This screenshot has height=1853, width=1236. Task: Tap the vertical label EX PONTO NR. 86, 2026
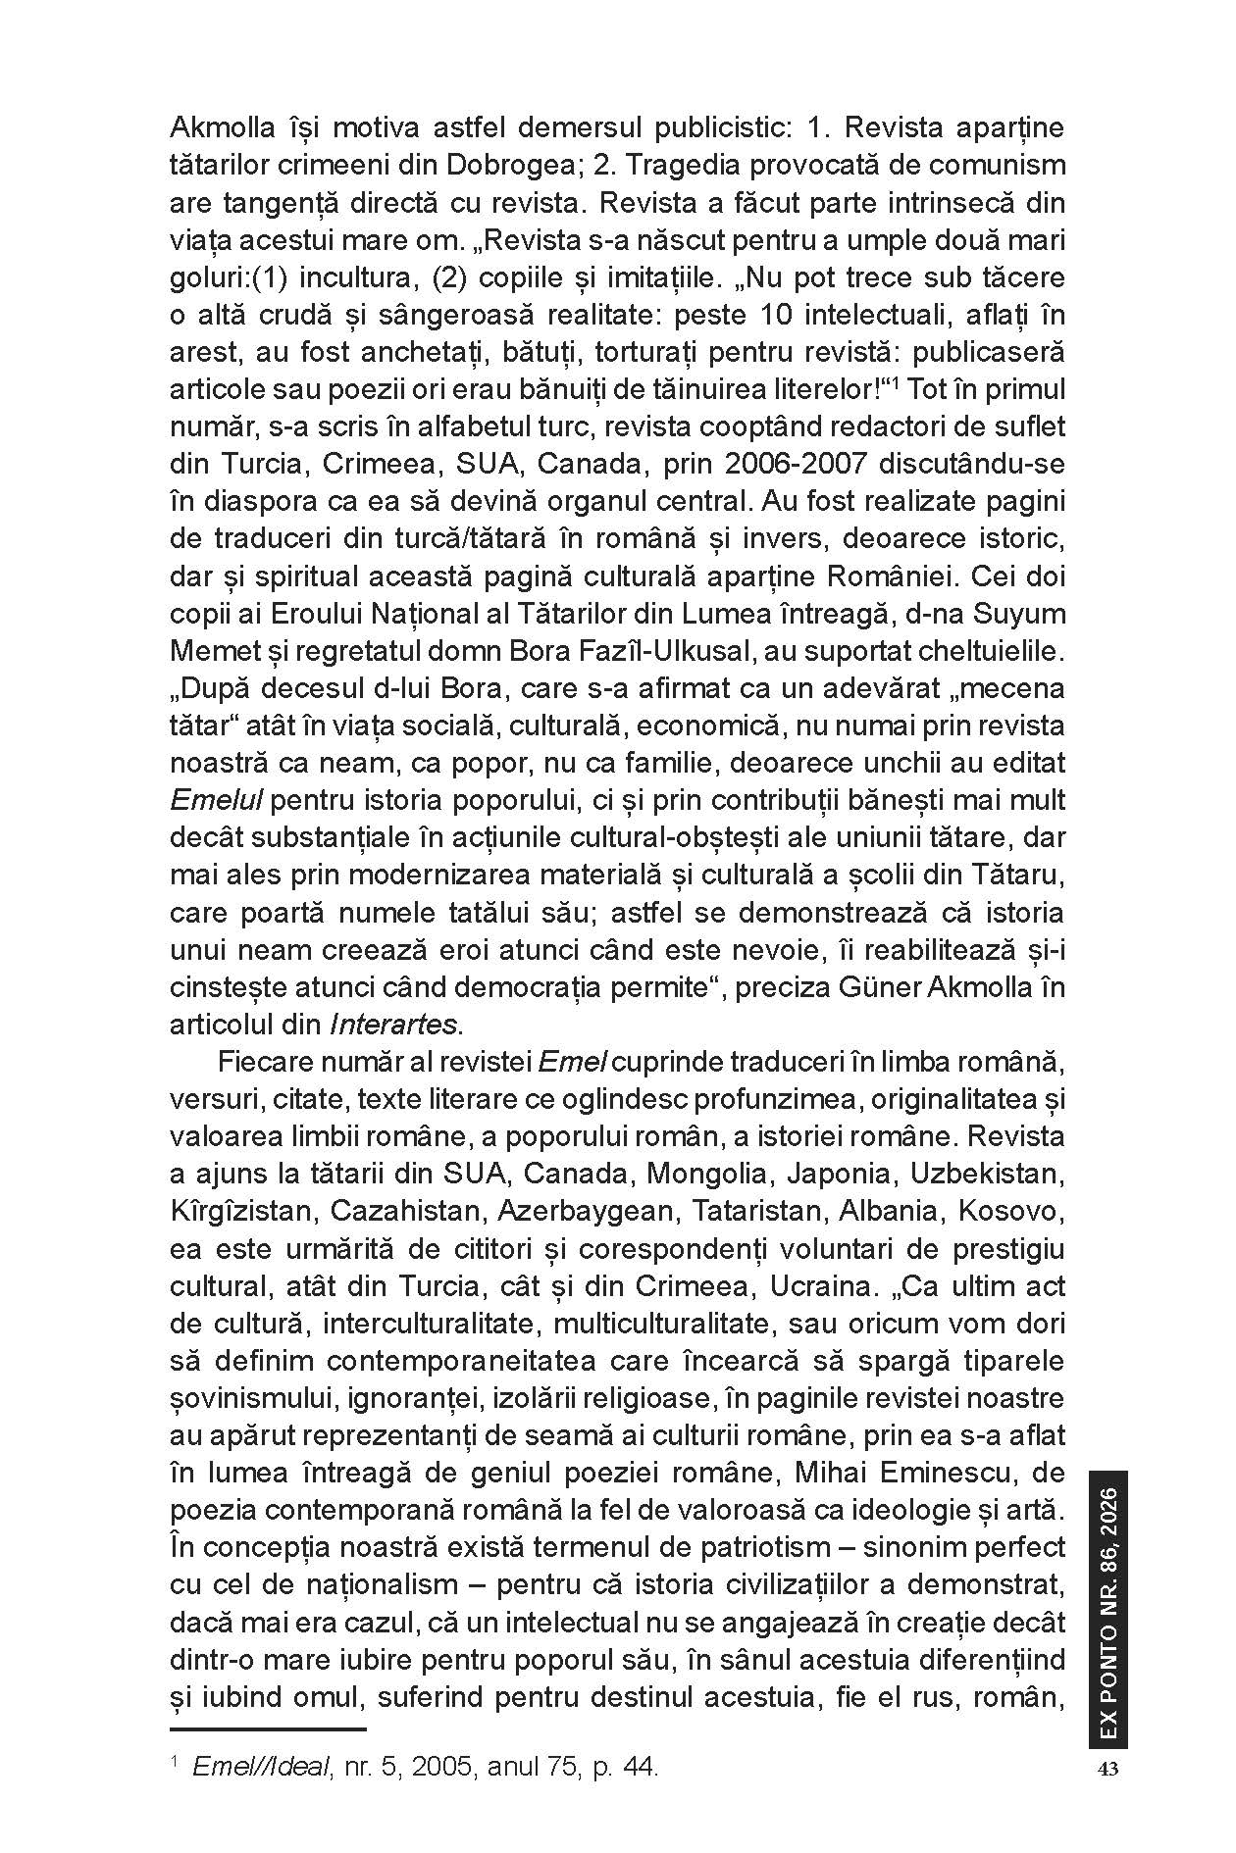[x=1108, y=1608]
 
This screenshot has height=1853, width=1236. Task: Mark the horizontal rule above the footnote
[x=267, y=1729]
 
